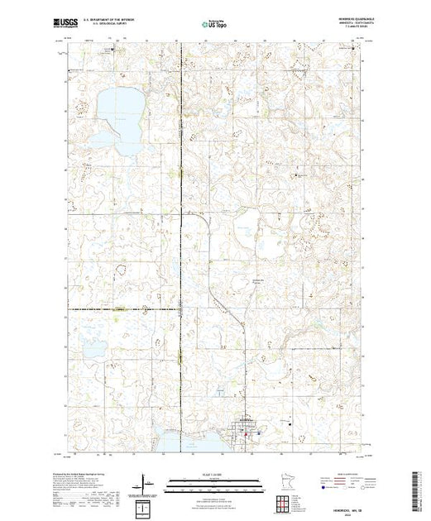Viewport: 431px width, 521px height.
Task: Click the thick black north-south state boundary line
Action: pyautogui.click(x=181, y=248)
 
